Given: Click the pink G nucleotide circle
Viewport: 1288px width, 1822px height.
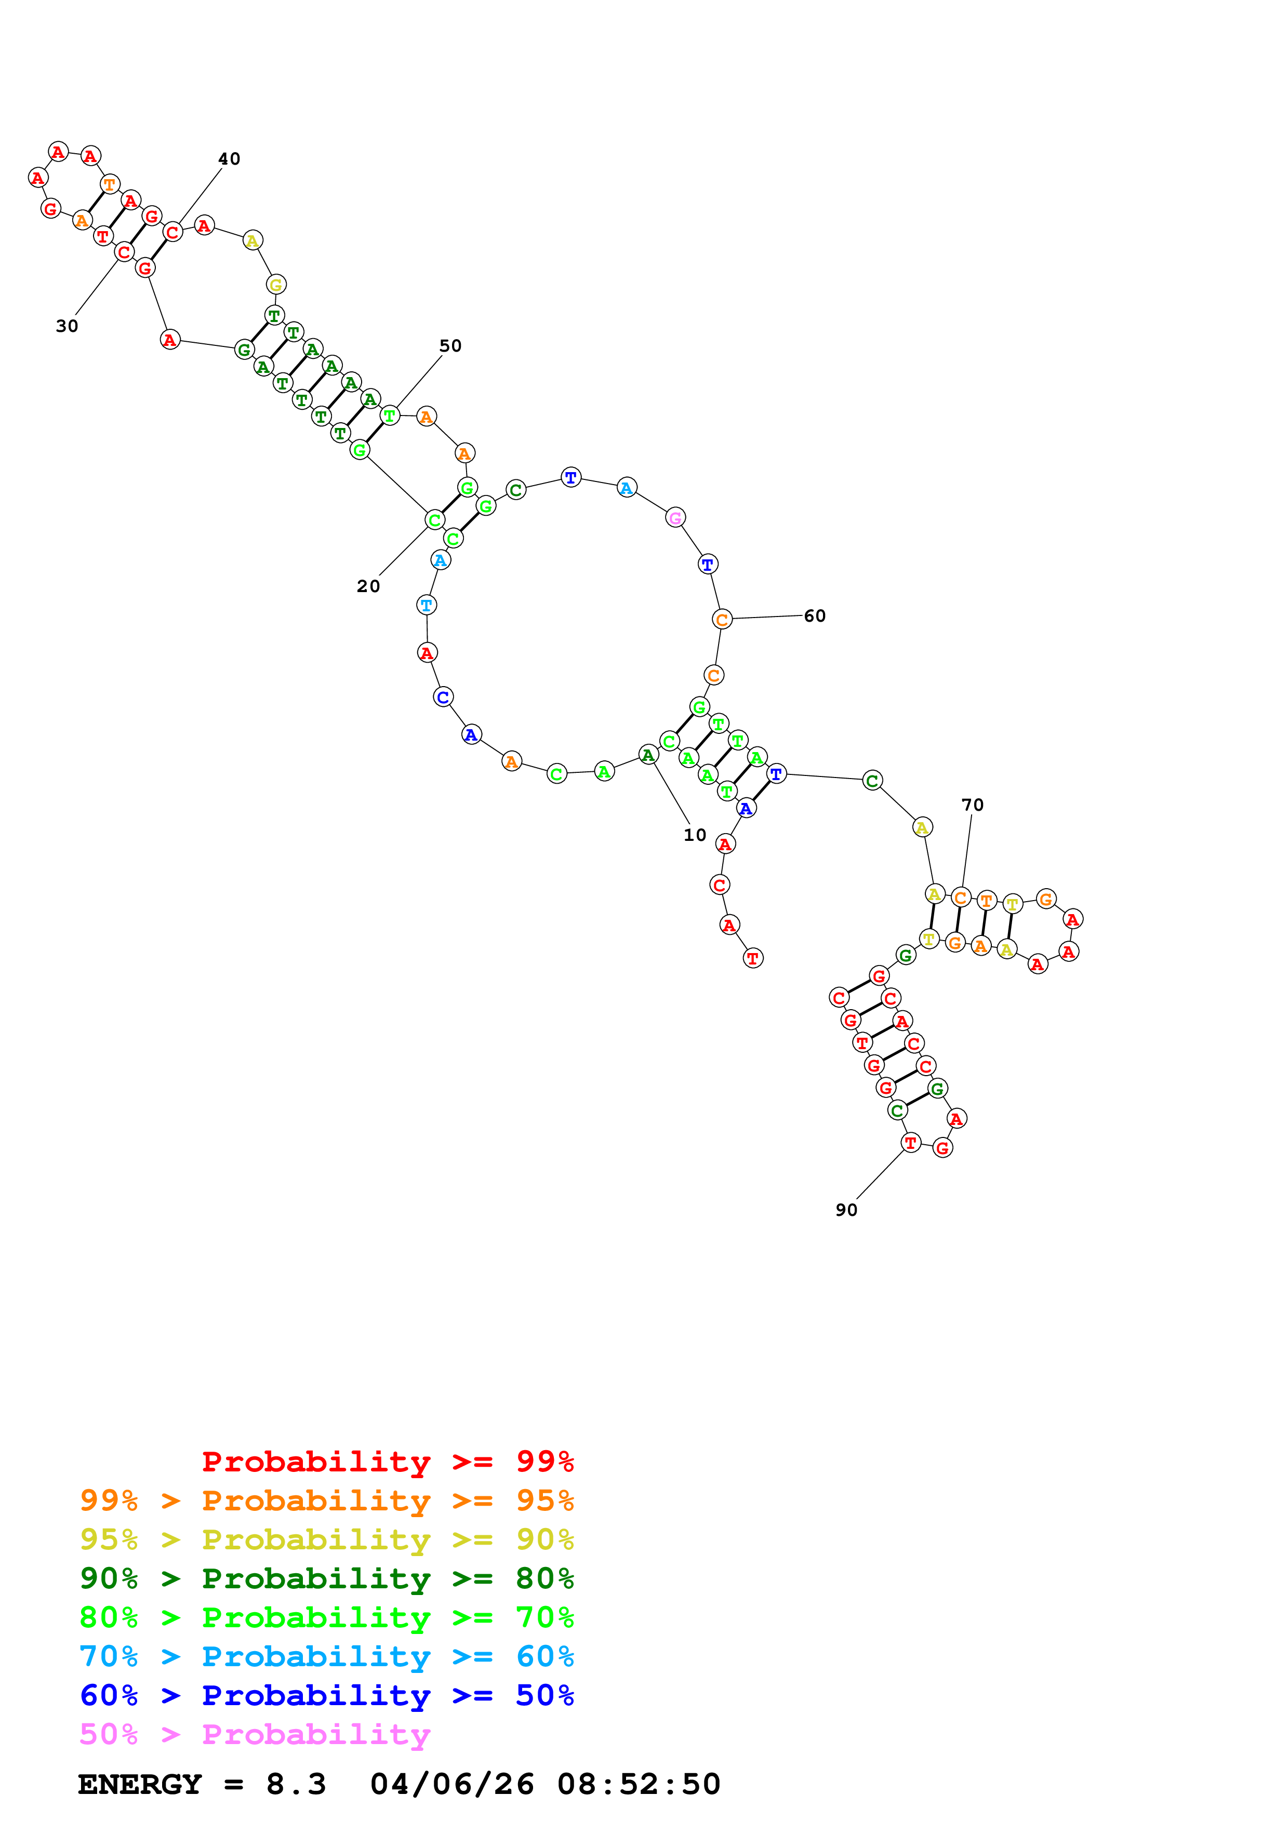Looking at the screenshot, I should pyautogui.click(x=674, y=518).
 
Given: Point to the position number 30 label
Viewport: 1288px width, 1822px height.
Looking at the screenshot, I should pyautogui.click(x=67, y=326).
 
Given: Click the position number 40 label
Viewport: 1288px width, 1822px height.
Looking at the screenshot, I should pyautogui.click(x=229, y=159).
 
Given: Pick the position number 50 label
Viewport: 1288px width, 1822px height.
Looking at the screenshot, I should pyautogui.click(x=450, y=346).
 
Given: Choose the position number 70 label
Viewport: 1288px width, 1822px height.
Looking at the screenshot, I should pyautogui.click(x=972, y=805).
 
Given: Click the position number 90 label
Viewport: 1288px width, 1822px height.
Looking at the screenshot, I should pyautogui.click(x=846, y=1210).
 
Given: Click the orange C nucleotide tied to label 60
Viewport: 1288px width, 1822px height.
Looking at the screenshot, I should pyautogui.click(x=721, y=620).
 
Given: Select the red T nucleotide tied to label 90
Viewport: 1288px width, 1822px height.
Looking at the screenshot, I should pyautogui.click(x=910, y=1143).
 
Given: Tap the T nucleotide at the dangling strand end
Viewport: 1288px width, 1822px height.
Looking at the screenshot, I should pyautogui.click(x=752, y=959).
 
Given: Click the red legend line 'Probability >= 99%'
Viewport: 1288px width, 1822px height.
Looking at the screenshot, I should pyautogui.click(x=388, y=1461).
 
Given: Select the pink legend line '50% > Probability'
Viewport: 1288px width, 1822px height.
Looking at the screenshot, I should pyautogui.click(x=255, y=1735).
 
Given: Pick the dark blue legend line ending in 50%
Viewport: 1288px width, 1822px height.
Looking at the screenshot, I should pyautogui.click(x=326, y=1696).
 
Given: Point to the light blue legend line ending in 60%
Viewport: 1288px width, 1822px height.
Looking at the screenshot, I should pyautogui.click(x=326, y=1657).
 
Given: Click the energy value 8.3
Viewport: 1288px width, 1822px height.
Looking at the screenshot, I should pyautogui.click(x=296, y=1785).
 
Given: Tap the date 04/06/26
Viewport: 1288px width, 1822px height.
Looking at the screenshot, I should pyautogui.click(x=452, y=1785).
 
